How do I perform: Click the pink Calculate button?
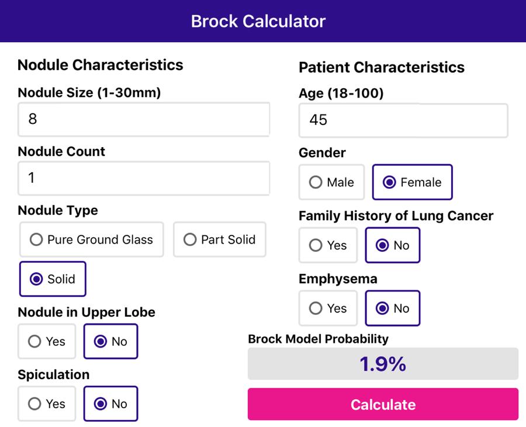[383, 404]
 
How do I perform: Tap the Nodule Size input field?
[144, 119]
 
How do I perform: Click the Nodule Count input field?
[144, 178]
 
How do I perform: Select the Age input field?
[403, 120]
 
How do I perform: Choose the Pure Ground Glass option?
[92, 239]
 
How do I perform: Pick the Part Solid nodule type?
[220, 239]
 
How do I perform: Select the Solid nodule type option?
[53, 279]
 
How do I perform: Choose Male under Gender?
[331, 182]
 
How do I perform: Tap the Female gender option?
[412, 182]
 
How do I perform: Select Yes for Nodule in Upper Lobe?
[47, 341]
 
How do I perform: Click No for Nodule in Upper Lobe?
[110, 341]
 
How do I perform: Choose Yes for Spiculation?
[47, 404]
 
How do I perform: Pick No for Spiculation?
[110, 404]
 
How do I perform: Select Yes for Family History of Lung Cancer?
[328, 245]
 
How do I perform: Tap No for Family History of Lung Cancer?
[392, 245]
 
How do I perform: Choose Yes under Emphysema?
[328, 308]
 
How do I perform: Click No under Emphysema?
[392, 308]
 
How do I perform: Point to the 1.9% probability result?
[383, 364]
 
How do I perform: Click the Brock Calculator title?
[258, 21]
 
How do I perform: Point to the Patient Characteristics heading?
[382, 67]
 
